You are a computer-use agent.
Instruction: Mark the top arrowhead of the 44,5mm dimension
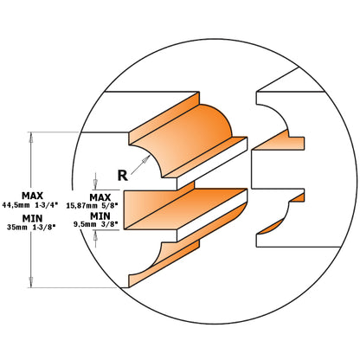(x=31, y=135)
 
